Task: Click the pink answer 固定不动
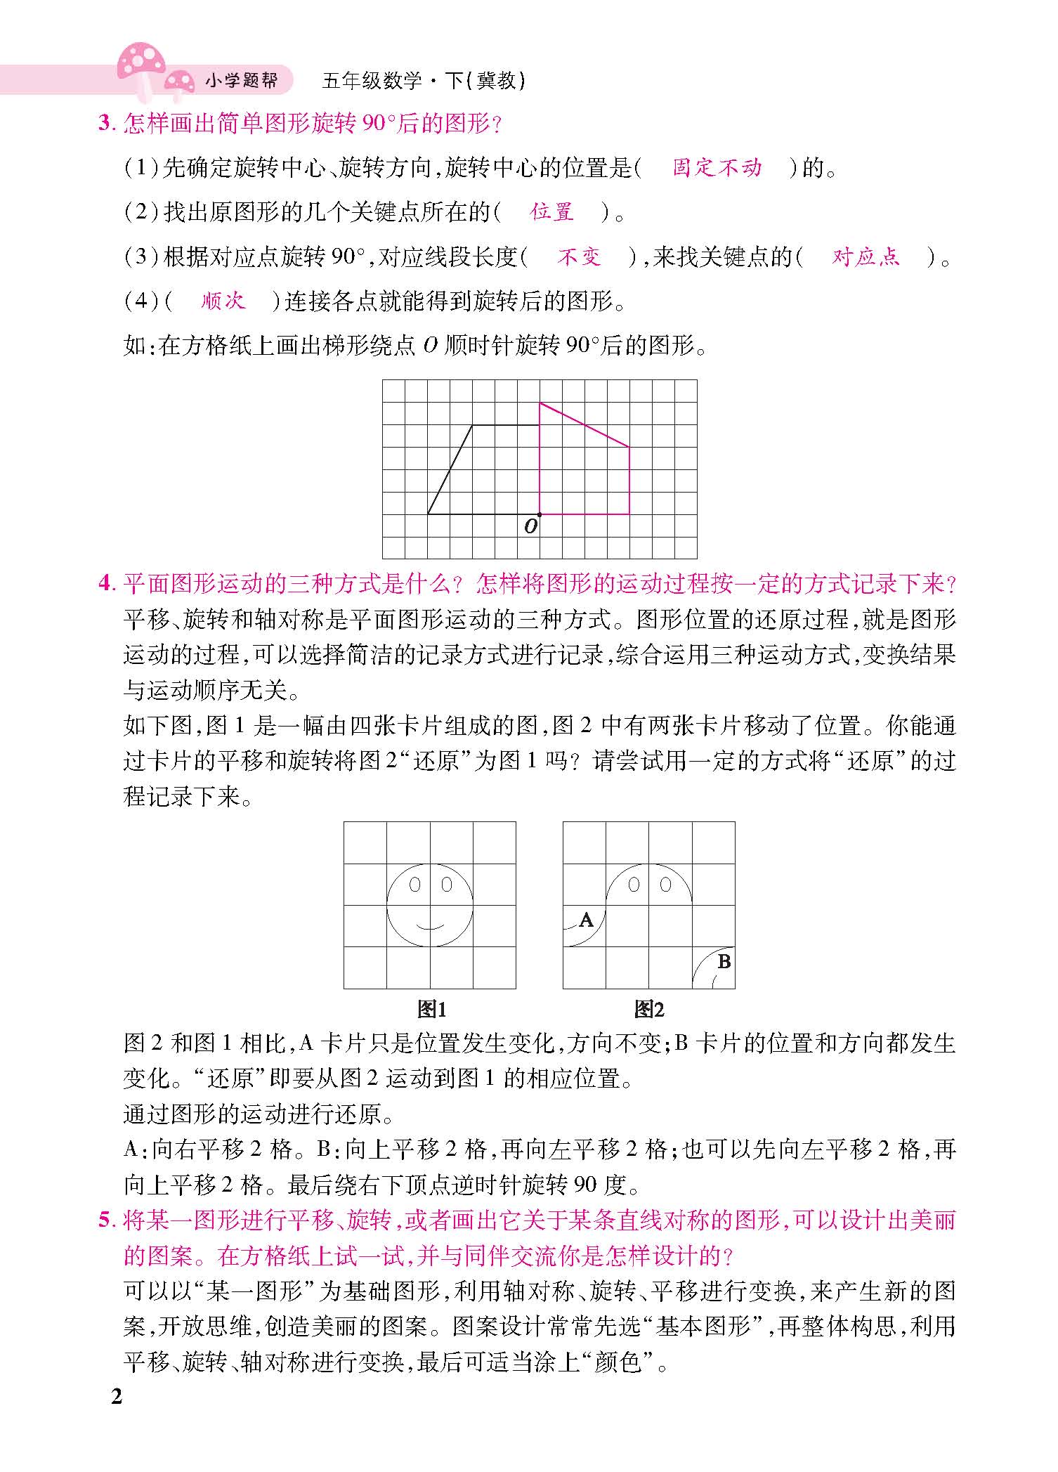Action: (717, 168)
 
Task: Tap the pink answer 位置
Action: (552, 211)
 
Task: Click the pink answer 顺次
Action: (223, 301)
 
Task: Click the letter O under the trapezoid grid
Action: (530, 526)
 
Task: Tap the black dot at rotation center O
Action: (540, 514)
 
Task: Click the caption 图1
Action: (431, 1010)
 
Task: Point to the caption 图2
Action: (648, 1010)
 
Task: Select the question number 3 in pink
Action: (105, 125)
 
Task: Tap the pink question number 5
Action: (105, 1220)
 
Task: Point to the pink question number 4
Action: (105, 584)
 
